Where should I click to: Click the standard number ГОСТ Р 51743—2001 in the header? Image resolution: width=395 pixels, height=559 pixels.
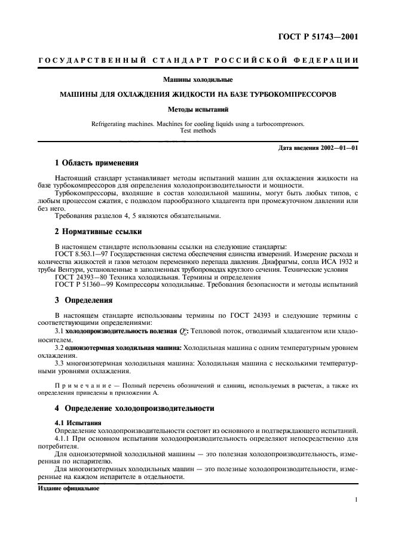click(x=320, y=37)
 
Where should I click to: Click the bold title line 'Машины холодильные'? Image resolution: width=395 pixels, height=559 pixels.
click(x=197, y=79)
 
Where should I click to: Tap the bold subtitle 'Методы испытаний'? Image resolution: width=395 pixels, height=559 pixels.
click(x=197, y=109)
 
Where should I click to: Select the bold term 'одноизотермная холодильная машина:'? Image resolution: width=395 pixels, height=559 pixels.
click(x=114, y=346)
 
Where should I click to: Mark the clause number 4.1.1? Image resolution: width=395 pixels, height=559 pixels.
click(x=63, y=438)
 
